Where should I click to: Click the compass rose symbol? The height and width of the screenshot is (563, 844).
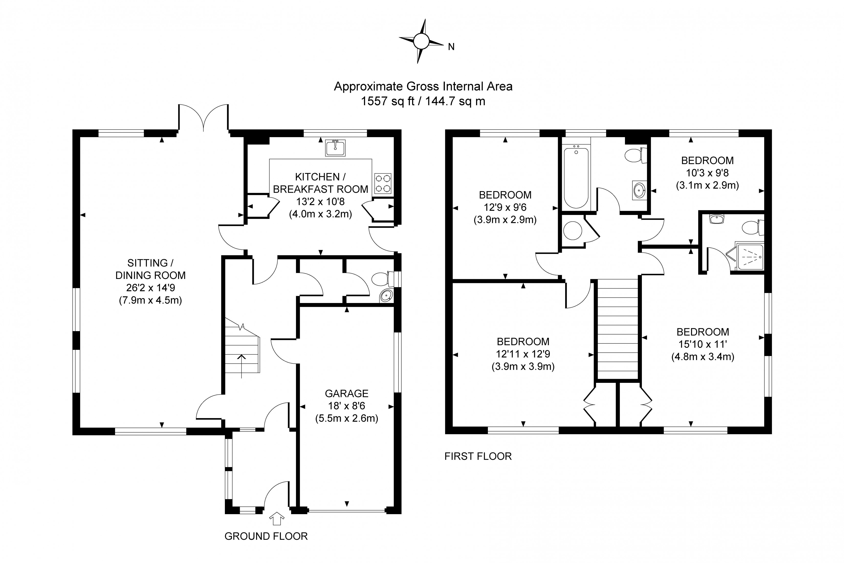(421, 41)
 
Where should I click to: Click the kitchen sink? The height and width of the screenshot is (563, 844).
(335, 148)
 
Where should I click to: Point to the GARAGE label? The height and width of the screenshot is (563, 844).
(347, 394)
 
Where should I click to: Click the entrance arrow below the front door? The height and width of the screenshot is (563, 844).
(277, 518)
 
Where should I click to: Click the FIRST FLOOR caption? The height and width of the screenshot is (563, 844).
(478, 456)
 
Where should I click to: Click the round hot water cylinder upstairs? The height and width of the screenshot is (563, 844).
(573, 230)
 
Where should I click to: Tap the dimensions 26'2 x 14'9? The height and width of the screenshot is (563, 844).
(151, 288)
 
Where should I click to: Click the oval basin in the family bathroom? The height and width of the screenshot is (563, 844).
(639, 190)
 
